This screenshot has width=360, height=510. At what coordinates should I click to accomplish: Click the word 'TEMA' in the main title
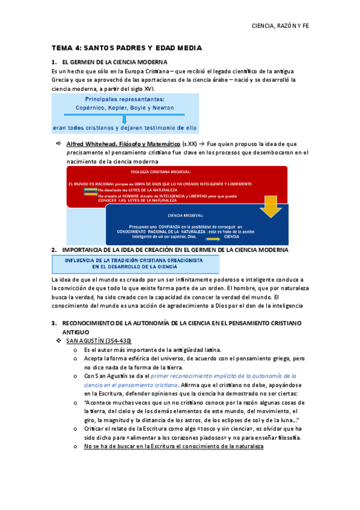point(61,48)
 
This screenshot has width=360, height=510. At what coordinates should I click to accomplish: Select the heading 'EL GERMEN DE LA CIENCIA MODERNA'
point(110,63)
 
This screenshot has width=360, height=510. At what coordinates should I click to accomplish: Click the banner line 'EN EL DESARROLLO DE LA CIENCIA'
point(135,265)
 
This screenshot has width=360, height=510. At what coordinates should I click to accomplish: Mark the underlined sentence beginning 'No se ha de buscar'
point(174,446)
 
